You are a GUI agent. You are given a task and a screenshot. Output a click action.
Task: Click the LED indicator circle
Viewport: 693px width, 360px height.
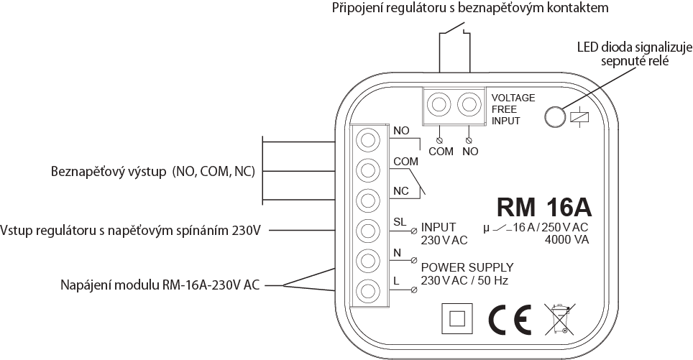[x=555, y=116]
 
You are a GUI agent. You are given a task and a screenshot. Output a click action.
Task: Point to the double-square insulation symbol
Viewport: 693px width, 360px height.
[x=457, y=319]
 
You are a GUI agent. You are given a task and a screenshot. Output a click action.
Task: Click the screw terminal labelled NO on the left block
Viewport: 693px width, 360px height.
[x=368, y=140]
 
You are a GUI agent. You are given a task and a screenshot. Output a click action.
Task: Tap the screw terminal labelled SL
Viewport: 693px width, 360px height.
[x=368, y=231]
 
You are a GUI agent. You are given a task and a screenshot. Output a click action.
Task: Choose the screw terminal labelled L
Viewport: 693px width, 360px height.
[x=368, y=291]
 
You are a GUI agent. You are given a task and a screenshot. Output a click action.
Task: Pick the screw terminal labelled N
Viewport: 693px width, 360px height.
[x=368, y=261]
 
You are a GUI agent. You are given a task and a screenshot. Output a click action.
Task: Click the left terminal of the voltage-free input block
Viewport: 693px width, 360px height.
[x=439, y=105]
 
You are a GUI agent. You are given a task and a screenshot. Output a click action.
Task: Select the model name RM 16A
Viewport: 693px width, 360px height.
[x=544, y=207]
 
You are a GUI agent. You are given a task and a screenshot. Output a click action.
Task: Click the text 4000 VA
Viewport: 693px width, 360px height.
[x=567, y=240]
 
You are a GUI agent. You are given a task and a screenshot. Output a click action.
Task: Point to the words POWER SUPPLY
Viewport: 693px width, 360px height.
[x=467, y=267]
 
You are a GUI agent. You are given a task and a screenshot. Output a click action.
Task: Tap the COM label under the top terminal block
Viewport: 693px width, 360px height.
[x=441, y=152]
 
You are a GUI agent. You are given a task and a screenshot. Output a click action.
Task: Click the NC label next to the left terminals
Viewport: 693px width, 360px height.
[x=401, y=191]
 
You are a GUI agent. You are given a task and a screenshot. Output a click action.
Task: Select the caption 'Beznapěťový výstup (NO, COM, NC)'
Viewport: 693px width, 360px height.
[x=153, y=172]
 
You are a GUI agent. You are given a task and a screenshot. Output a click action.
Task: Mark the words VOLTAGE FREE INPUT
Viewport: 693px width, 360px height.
[x=513, y=109]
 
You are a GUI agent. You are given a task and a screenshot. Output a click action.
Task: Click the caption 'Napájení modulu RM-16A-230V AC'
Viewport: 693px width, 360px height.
[x=160, y=285]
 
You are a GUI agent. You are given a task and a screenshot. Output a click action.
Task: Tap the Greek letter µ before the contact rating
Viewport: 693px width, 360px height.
[x=487, y=229]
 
